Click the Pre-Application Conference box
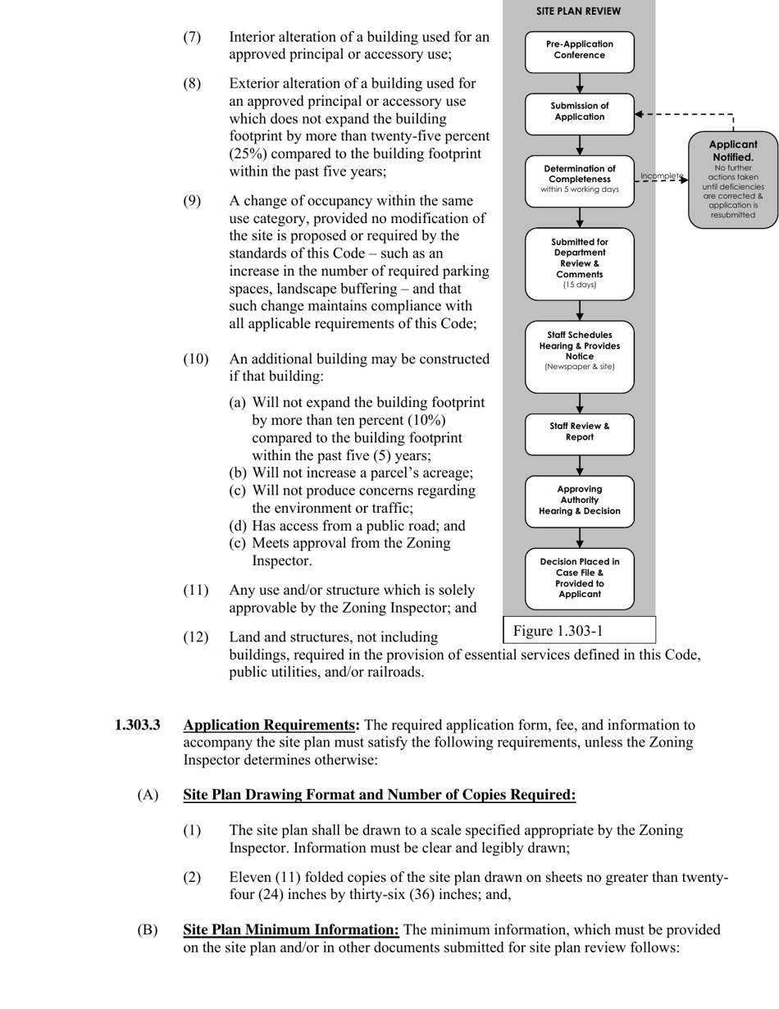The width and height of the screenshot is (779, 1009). tap(579, 51)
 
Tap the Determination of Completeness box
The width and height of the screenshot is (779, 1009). tap(579, 180)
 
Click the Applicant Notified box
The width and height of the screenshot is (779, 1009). tap(732, 179)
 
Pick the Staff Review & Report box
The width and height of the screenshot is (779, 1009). tap(579, 433)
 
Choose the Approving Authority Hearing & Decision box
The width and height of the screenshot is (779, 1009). tap(579, 500)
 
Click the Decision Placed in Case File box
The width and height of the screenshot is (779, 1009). tap(579, 578)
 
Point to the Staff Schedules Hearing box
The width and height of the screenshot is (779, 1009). tap(579, 357)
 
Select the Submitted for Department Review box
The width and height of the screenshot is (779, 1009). tap(579, 263)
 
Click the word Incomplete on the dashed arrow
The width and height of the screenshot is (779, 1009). tap(661, 176)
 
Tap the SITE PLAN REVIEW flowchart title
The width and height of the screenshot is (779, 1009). tap(578, 11)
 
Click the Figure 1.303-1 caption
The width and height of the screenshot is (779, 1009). tap(558, 631)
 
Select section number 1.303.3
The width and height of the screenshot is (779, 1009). tap(137, 725)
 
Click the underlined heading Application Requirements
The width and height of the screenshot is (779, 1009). tap(270, 725)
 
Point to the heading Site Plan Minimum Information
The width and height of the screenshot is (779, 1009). tap(290, 929)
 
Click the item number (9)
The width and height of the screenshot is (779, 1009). tap(192, 201)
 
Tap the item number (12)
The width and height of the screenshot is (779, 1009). tap(195, 637)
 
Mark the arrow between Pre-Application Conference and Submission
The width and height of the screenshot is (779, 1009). tap(580, 84)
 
